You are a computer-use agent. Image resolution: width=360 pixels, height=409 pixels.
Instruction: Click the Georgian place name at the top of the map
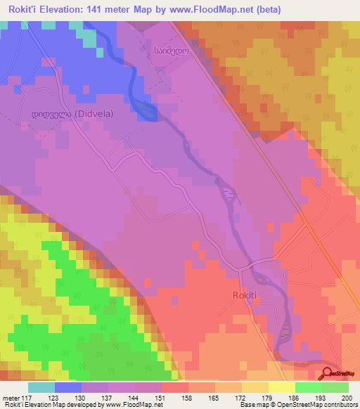(165, 51)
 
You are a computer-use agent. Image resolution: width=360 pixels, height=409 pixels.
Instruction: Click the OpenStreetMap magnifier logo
(328, 373)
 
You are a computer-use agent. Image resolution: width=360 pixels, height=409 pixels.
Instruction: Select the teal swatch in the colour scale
(41, 387)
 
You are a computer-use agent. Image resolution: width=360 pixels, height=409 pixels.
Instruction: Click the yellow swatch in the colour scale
(281, 387)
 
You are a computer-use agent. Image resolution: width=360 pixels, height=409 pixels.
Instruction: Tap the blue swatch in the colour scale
(68, 387)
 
